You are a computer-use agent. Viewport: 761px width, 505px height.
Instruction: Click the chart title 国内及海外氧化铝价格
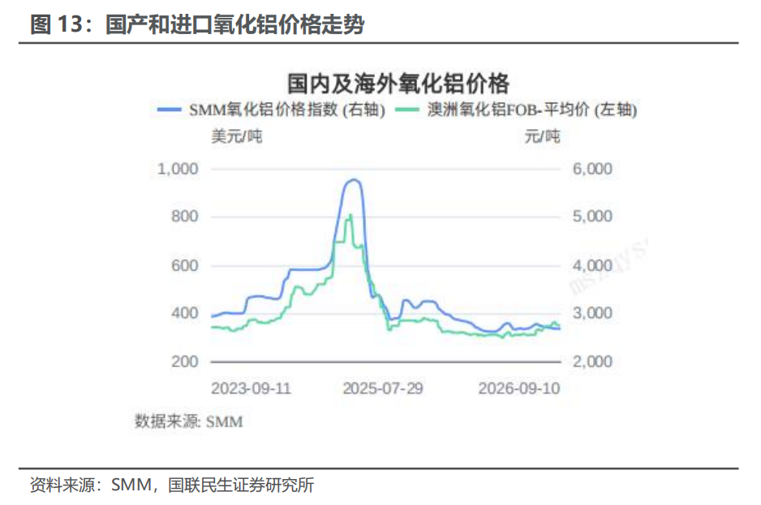tap(398, 84)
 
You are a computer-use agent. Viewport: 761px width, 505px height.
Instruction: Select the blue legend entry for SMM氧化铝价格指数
tap(272, 110)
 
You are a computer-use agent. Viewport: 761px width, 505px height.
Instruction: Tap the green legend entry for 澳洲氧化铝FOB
tap(516, 110)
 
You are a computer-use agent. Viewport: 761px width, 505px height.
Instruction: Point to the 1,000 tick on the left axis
tap(178, 169)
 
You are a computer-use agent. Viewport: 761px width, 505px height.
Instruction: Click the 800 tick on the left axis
tap(184, 216)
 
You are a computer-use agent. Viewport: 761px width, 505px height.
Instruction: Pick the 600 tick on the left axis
tap(184, 265)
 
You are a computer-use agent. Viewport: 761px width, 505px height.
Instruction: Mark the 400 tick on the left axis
tap(184, 313)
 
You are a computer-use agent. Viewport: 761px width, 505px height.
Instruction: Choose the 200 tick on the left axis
tap(184, 362)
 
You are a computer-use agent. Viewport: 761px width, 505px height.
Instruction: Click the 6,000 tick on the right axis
tap(592, 169)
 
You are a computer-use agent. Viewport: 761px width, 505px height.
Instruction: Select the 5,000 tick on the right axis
tap(592, 216)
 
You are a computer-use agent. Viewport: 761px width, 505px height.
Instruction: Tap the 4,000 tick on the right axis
tap(592, 265)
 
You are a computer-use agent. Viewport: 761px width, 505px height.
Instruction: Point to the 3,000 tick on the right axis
tap(592, 313)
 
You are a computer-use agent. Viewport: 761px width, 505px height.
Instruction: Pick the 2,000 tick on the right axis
tap(592, 362)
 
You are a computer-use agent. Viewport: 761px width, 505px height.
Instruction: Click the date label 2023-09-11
tap(251, 388)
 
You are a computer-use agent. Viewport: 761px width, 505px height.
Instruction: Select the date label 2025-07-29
tap(383, 388)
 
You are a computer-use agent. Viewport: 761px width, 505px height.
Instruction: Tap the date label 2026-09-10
tap(519, 388)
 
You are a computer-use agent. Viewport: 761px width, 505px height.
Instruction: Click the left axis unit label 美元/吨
tap(237, 136)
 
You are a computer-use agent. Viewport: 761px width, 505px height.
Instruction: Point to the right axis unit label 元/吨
tap(542, 136)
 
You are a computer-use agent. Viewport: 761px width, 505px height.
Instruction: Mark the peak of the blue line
tap(354, 180)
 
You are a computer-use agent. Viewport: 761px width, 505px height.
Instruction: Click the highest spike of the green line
tap(350, 215)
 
